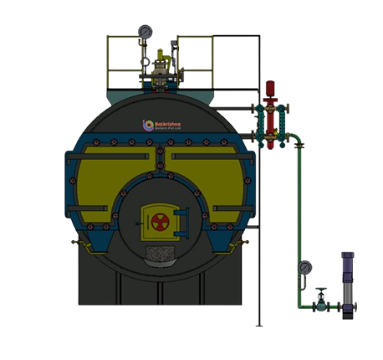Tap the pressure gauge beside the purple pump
(304, 269)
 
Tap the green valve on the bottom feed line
(320, 306)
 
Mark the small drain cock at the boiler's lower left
(76, 244)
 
